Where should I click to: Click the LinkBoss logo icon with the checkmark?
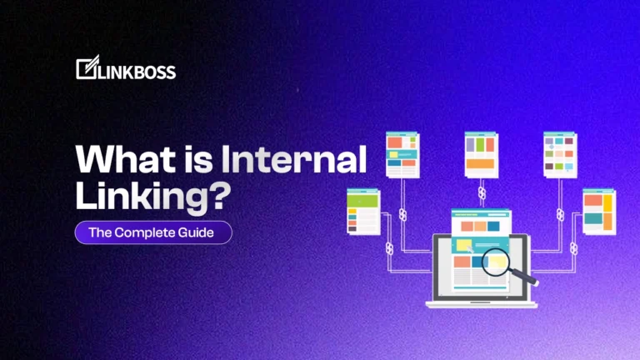tap(85, 69)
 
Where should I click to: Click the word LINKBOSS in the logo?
tap(134, 71)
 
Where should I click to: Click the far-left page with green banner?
tap(362, 212)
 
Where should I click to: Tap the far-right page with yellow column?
tap(598, 212)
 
